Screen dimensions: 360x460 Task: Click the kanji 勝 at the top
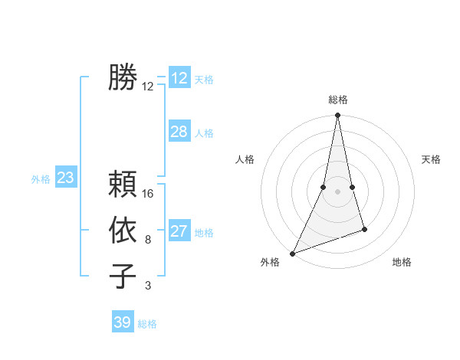(x=123, y=77)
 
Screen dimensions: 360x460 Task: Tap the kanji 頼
(x=123, y=185)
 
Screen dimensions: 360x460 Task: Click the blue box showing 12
(x=179, y=77)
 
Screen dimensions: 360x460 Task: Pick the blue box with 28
(x=179, y=132)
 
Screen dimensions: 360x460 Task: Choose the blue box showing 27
(x=179, y=231)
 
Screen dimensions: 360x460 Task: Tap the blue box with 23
(x=66, y=178)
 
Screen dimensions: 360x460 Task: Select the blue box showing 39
(x=123, y=322)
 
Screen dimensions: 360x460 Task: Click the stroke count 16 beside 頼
(x=148, y=194)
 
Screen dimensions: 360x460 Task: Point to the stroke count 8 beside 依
(x=148, y=240)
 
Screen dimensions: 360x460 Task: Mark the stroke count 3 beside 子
(x=148, y=286)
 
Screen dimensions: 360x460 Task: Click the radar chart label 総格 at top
(x=337, y=100)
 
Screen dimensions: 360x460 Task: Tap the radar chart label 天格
(x=431, y=159)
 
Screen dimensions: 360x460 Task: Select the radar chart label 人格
(x=245, y=159)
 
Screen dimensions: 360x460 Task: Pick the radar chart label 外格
(x=269, y=262)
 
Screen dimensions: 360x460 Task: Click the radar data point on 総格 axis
(x=337, y=116)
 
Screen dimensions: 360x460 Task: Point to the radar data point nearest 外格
(x=292, y=254)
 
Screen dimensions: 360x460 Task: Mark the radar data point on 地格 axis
(x=364, y=229)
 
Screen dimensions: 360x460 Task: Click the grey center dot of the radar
(x=337, y=191)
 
